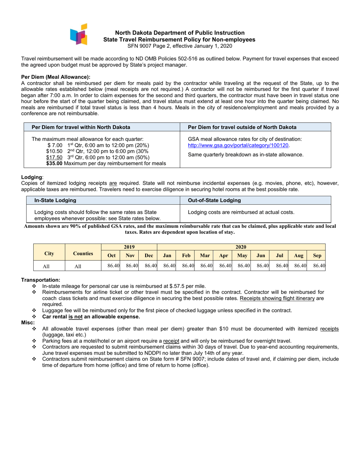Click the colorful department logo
(x=79, y=35)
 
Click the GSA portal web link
(x=238, y=145)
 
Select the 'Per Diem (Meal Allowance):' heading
(x=56, y=77)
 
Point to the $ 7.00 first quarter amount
(x=55, y=145)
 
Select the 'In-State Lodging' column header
(x=55, y=200)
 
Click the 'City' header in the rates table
(x=49, y=253)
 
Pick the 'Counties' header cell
(x=83, y=253)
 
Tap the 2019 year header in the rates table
(x=129, y=247)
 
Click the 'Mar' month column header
(x=205, y=256)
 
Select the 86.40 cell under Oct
(x=113, y=266)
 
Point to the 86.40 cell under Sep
(x=319, y=266)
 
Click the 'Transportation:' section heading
(x=41, y=280)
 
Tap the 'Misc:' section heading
(x=28, y=322)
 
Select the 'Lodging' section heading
(x=31, y=177)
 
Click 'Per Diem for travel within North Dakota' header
(x=81, y=127)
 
